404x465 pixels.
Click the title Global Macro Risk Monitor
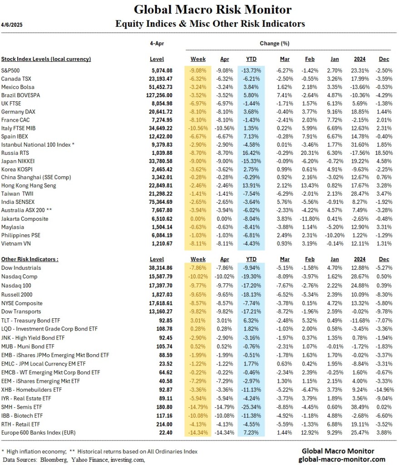(212, 10)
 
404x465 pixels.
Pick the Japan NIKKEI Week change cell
(198, 160)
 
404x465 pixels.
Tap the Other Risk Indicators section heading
(30, 259)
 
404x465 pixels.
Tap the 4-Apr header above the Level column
(157, 44)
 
